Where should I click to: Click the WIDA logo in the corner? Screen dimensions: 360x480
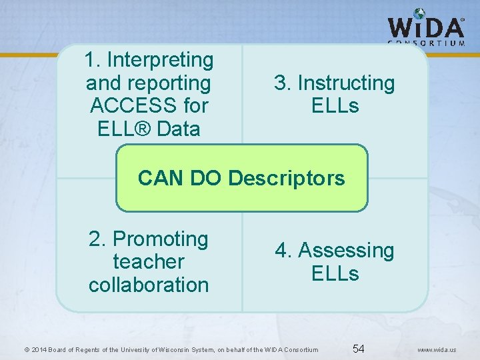(x=426, y=27)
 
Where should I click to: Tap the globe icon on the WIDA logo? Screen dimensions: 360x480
(x=419, y=13)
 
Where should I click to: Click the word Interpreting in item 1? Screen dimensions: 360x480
(x=160, y=60)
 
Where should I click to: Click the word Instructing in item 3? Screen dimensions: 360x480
(x=346, y=83)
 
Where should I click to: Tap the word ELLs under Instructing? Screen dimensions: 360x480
(x=335, y=106)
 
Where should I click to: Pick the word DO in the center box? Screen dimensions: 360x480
(x=205, y=178)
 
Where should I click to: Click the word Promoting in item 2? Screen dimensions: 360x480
(x=161, y=239)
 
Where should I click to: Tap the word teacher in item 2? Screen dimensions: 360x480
(x=149, y=261)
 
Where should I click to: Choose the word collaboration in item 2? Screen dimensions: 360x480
(x=149, y=285)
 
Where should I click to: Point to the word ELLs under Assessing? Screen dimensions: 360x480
(x=335, y=273)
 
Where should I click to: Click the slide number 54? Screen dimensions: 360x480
(x=358, y=348)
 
